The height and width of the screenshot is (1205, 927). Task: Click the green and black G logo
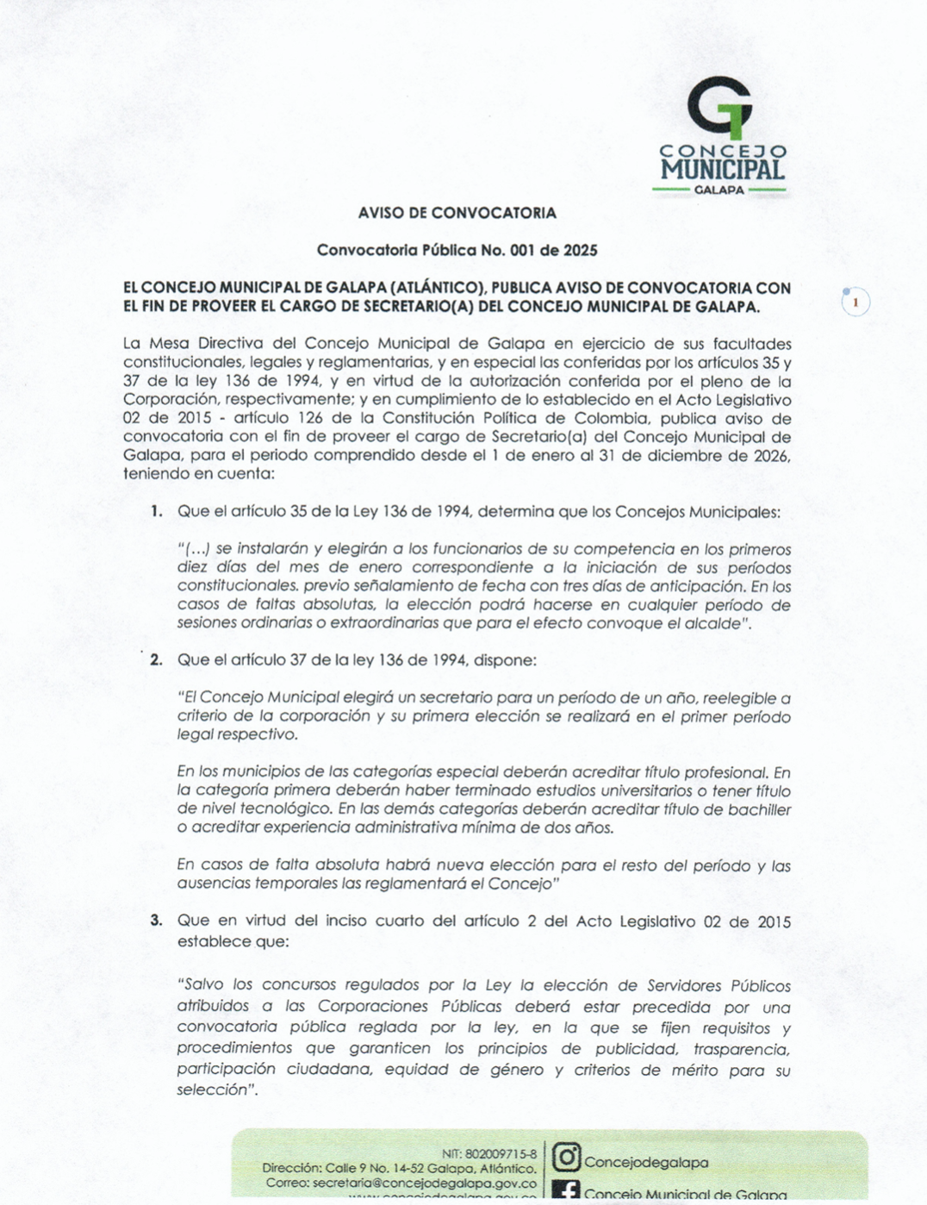720,107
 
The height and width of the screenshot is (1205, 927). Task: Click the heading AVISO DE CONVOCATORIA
457,213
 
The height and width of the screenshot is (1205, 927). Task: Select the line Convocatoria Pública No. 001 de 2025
457,251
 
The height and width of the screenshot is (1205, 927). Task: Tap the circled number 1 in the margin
855,303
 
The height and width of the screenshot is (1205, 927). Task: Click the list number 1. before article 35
156,511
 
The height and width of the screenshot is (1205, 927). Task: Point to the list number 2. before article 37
156,660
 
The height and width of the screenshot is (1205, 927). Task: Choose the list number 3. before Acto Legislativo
156,921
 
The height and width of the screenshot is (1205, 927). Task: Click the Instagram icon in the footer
566,1158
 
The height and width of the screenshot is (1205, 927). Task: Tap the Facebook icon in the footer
566,1191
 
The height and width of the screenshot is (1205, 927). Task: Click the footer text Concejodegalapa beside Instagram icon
646,1163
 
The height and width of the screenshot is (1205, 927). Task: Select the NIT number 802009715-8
501,1154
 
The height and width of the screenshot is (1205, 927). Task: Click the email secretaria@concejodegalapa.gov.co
425,1183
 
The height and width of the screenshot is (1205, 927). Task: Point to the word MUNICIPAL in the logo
722,169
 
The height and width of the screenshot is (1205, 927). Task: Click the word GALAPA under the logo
719,190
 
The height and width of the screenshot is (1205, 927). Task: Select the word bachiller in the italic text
759,809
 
